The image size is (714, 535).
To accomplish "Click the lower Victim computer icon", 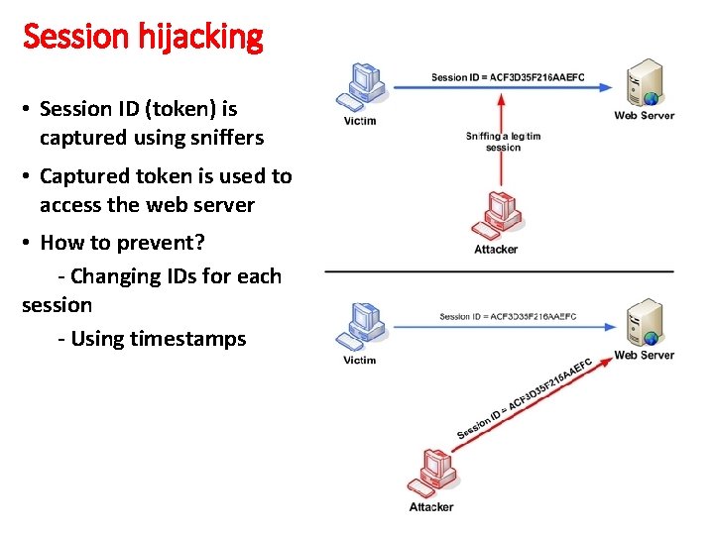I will point(362,326).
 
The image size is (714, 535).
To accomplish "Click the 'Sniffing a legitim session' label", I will point(503,142).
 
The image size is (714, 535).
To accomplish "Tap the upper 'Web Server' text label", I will point(644,116).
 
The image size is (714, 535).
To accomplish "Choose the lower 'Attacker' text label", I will point(431,507).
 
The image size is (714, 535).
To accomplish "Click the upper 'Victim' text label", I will point(359,121).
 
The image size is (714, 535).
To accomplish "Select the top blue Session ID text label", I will point(508,77).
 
